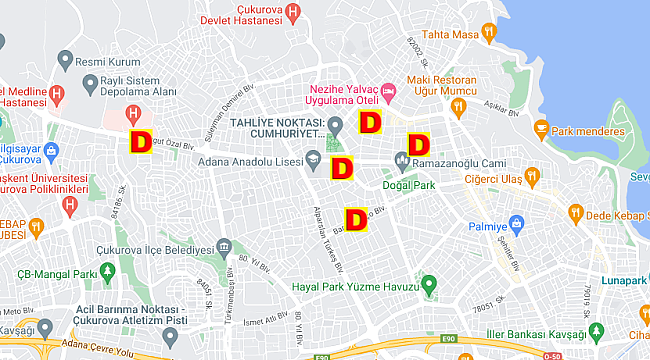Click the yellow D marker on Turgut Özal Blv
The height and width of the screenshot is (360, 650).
coord(141,142)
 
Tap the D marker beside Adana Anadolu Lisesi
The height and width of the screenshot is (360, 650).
coord(342,167)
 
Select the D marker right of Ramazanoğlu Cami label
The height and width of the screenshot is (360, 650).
coord(416,145)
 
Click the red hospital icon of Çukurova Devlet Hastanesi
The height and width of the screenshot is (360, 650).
coord(292,12)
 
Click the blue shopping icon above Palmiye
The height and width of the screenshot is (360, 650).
coord(516,222)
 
